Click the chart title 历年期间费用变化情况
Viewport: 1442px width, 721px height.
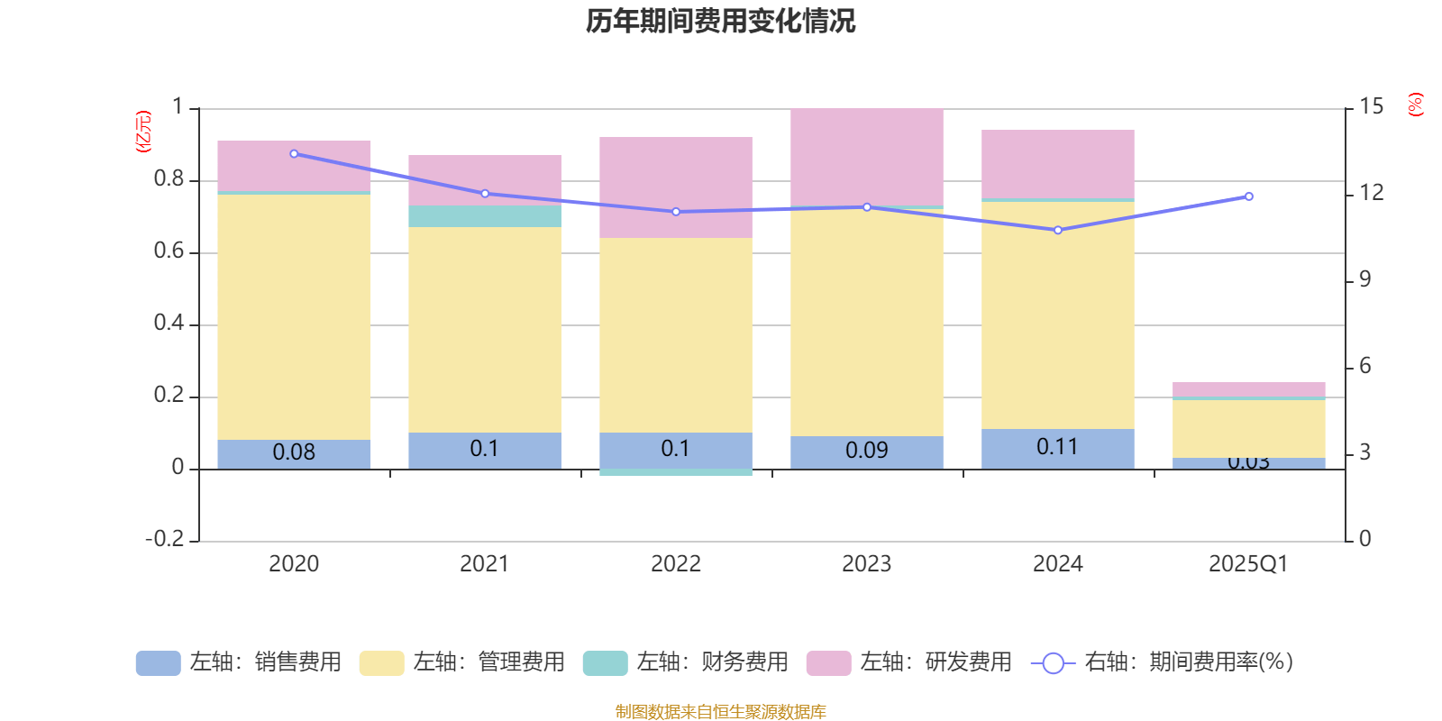tap(720, 21)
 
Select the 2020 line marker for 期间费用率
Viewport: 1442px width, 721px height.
tap(294, 154)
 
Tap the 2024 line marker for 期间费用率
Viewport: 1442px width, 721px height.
tap(1058, 230)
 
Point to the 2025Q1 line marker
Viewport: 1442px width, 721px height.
tap(1249, 196)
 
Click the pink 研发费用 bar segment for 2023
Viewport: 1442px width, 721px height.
tap(867, 157)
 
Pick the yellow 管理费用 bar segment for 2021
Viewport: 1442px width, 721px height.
tap(485, 329)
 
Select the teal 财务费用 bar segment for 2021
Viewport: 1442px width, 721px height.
tap(485, 216)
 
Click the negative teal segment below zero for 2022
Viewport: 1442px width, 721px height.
tap(676, 472)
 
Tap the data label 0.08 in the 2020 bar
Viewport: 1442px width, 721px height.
tap(294, 452)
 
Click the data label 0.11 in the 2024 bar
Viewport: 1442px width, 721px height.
tap(1057, 447)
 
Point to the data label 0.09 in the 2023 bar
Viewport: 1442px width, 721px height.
tap(867, 451)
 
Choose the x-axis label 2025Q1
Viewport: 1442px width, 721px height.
tap(1248, 564)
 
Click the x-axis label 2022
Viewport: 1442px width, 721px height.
tap(676, 564)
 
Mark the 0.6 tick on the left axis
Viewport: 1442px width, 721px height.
tap(169, 251)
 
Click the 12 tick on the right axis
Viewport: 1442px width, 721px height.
tap(1372, 193)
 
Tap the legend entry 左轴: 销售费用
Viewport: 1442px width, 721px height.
tap(239, 662)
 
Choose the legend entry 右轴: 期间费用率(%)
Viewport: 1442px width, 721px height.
tap(1163, 662)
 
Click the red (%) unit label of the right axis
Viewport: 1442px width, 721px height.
tap(1415, 105)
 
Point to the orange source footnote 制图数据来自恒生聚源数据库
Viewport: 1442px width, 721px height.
tap(720, 712)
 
